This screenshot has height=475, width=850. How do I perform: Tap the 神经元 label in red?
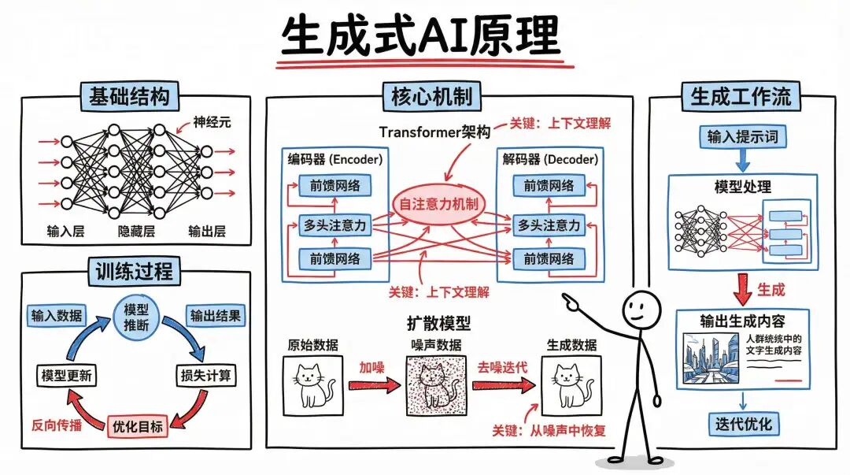[215, 123]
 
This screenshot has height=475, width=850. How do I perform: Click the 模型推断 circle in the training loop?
[136, 314]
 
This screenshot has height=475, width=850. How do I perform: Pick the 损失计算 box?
[205, 375]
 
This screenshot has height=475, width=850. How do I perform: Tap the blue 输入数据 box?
[56, 315]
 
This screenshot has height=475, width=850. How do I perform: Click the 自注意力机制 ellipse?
[438, 204]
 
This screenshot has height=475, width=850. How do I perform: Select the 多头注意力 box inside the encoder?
[335, 225]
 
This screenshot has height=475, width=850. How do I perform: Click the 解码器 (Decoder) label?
[549, 160]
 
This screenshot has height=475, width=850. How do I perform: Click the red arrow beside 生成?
[741, 289]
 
